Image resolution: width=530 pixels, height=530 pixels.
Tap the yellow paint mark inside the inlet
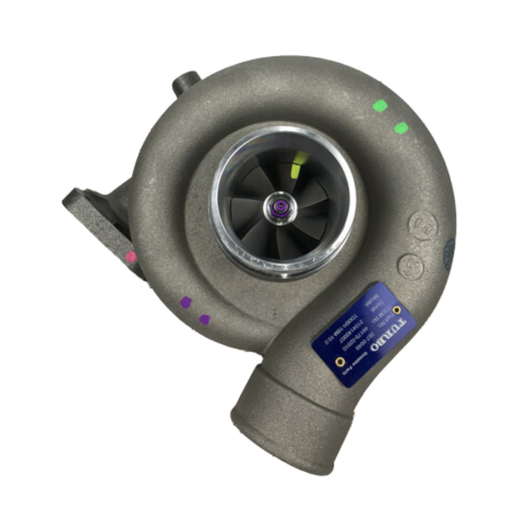tap(300, 159)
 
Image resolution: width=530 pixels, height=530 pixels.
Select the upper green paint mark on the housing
tap(380, 105)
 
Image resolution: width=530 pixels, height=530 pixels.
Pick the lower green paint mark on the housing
tap(401, 128)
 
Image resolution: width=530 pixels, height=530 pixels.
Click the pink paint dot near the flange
tap(131, 257)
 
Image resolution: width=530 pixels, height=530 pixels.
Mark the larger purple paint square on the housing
tap(186, 302)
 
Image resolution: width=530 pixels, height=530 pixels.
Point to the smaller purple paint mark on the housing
tap(205, 319)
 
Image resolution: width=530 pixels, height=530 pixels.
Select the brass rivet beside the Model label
tap(396, 310)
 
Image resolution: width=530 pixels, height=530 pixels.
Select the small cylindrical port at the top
tap(185, 83)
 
